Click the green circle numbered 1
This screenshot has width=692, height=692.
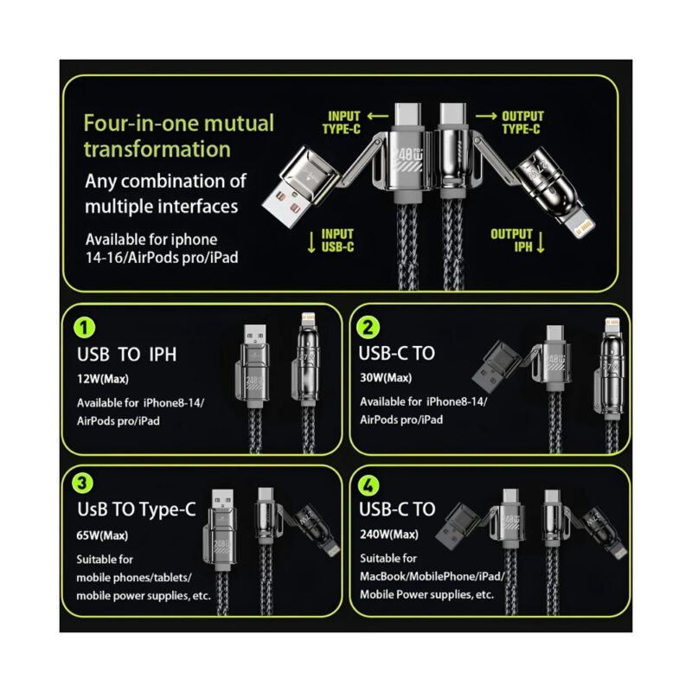[x=84, y=328]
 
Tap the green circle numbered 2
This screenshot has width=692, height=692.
[x=368, y=328]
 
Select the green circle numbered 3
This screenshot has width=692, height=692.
[x=82, y=483]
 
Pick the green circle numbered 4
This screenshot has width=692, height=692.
[x=368, y=485]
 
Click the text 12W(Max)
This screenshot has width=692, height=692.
[x=103, y=379]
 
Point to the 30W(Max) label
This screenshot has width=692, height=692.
[x=386, y=378]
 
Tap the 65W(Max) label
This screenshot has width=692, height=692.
[x=102, y=535]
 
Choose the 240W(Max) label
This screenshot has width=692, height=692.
[x=388, y=535]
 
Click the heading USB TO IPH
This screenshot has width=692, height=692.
[x=126, y=355]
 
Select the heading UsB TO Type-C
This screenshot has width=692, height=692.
[x=137, y=509]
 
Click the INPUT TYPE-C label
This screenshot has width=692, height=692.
[x=342, y=123]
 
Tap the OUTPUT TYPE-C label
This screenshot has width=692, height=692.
[x=522, y=123]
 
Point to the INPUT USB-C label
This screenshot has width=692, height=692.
[x=337, y=240]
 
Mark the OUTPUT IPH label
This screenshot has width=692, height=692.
[x=512, y=240]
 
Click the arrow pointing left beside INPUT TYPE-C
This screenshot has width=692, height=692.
[x=378, y=116]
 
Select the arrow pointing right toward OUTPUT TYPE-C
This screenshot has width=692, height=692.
[x=486, y=116]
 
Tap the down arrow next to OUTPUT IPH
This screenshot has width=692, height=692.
[x=541, y=241]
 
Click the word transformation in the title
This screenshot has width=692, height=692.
[x=157, y=149]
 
